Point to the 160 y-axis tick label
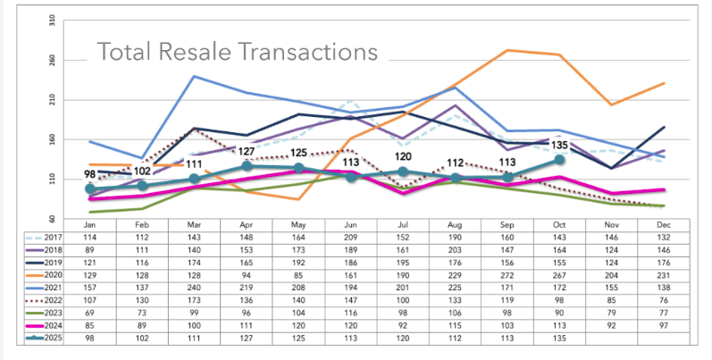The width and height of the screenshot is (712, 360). (x=51, y=139)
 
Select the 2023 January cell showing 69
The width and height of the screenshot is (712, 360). (x=90, y=314)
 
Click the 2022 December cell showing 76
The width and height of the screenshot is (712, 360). (x=663, y=301)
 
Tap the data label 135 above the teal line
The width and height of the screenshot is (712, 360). (x=560, y=145)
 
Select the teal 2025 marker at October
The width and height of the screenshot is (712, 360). (x=560, y=160)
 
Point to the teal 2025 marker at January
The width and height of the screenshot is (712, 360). (x=90, y=189)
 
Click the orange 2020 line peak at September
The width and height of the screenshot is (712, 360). (x=507, y=50)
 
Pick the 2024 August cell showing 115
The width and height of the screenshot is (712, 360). (x=455, y=327)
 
